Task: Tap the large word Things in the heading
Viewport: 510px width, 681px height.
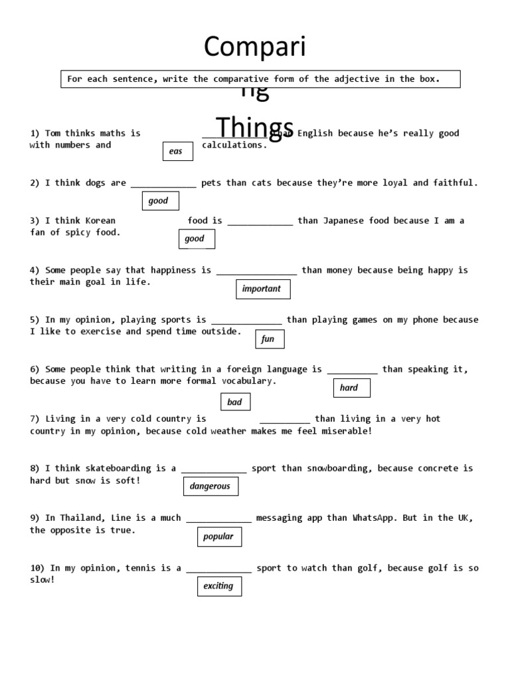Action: [255, 127]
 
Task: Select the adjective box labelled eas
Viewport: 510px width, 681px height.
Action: [177, 152]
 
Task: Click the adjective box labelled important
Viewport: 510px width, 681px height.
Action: [263, 289]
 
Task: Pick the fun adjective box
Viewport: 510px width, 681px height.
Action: [270, 339]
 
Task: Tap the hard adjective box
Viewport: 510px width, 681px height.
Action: [351, 388]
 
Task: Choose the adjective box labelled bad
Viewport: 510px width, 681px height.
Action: [235, 402]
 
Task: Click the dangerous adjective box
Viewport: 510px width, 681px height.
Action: [211, 486]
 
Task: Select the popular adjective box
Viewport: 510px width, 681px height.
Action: [218, 537]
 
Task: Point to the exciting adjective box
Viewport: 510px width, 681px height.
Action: [218, 586]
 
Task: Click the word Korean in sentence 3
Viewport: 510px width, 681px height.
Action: [100, 221]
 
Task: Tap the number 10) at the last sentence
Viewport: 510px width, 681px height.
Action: [37, 568]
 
